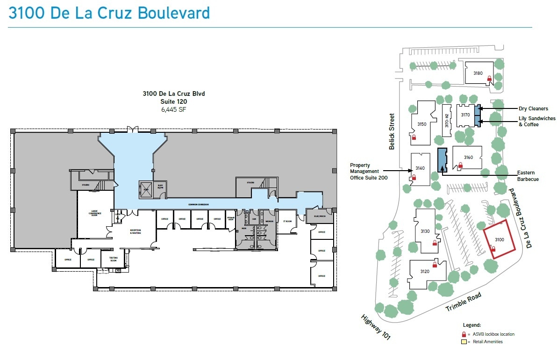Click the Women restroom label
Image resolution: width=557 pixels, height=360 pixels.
pyautogui.click(x=269, y=221)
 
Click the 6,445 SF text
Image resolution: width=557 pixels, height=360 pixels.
pyautogui.click(x=174, y=109)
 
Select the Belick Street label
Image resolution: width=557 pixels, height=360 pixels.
pyautogui.click(x=392, y=132)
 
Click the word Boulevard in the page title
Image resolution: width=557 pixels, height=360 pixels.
pyautogui.click(x=173, y=13)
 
